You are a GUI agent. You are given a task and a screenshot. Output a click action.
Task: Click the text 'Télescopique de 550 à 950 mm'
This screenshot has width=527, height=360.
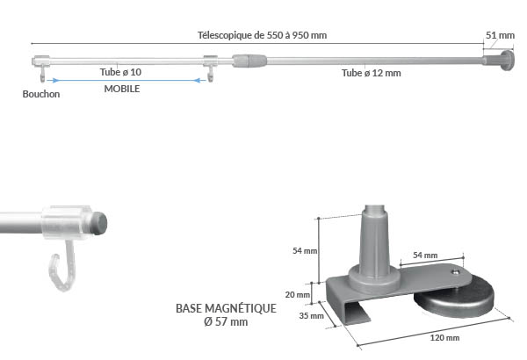pos(262,35)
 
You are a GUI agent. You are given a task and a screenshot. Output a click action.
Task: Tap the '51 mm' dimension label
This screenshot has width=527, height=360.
pos(501,35)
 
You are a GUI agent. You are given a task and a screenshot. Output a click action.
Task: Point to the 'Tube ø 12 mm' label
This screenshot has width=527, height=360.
pos(372,74)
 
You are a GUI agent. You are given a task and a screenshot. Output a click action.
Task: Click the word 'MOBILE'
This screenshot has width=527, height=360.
pos(122,89)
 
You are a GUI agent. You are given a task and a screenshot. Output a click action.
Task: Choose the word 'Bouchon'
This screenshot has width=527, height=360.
pos(42,94)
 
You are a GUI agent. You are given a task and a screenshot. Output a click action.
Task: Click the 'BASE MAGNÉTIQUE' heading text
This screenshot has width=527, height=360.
pos(227,309)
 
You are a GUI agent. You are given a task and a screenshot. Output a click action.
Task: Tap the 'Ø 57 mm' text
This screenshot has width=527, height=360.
pos(227,322)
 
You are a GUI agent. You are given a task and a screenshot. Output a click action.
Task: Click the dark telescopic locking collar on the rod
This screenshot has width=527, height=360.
pos(249,61)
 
